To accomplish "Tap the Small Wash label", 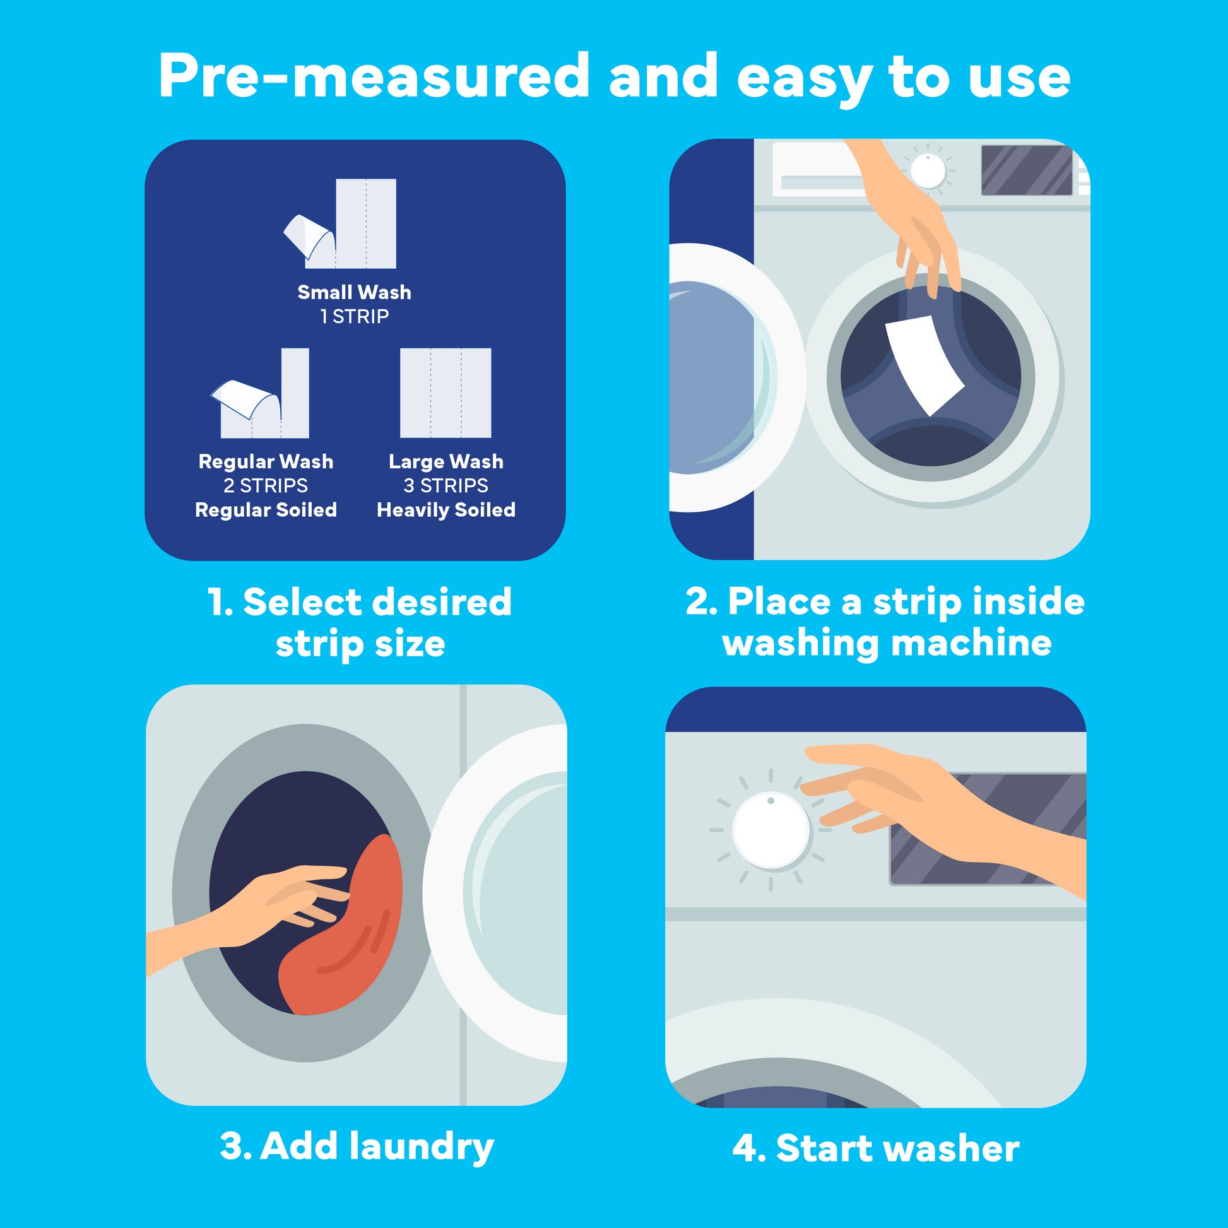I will click(354, 292).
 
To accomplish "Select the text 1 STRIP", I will click(354, 317).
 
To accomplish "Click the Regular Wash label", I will click(266, 461).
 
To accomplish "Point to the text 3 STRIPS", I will click(446, 486).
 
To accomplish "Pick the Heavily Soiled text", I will click(446, 510).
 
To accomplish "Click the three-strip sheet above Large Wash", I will click(446, 393).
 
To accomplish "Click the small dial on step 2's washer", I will click(928, 171).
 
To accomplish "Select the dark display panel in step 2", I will click(1026, 170).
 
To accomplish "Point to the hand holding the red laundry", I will click(280, 902).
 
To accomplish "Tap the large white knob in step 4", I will click(771, 830).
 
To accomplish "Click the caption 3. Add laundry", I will click(357, 1147).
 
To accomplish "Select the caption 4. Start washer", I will click(875, 1148).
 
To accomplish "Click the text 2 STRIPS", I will click(266, 486).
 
